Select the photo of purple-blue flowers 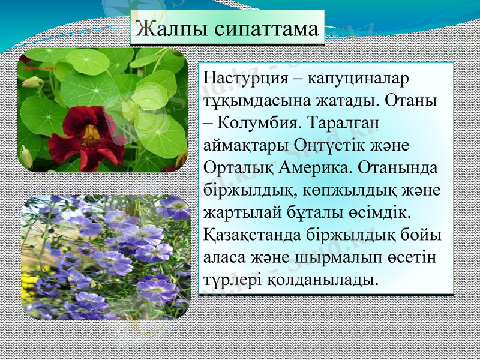coord(105,257)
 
